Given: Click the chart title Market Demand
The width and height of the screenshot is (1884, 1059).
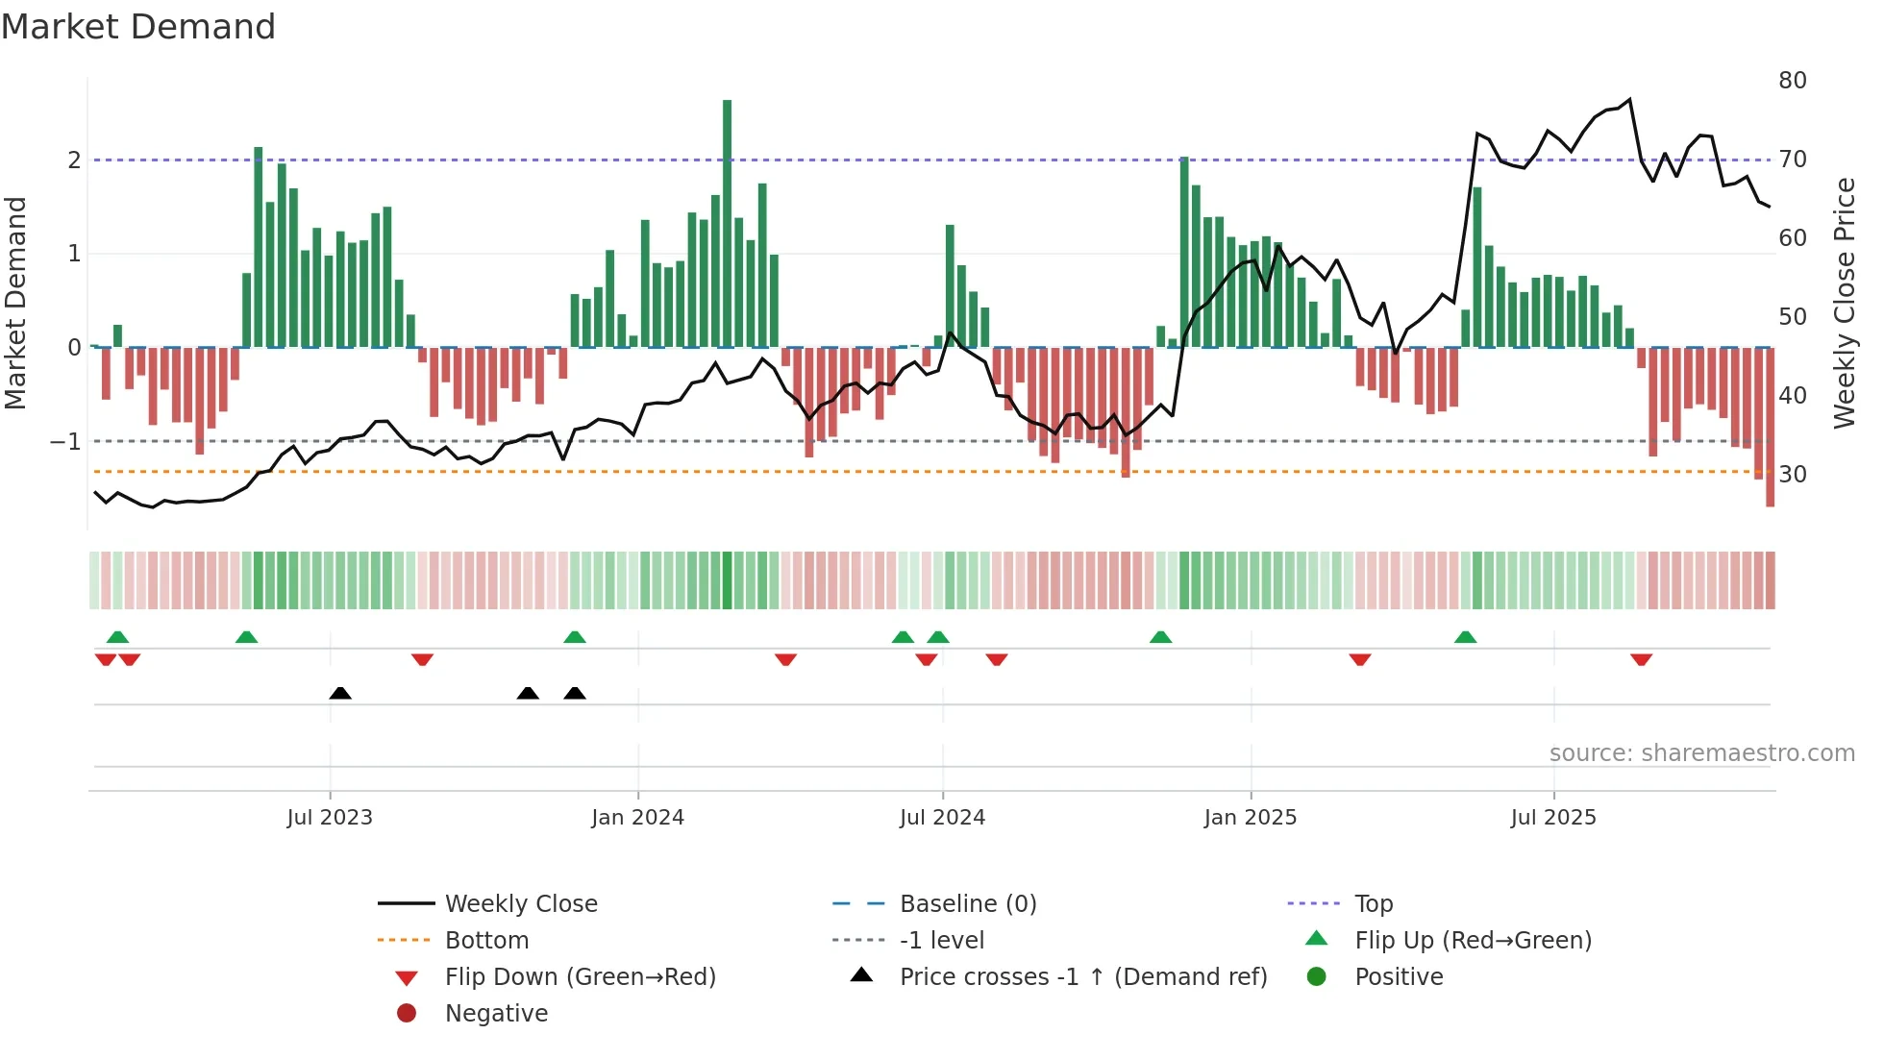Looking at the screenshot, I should (x=138, y=27).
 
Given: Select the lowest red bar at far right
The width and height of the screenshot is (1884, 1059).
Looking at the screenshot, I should (x=1770, y=428).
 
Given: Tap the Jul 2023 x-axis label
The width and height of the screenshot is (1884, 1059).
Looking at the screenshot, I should (x=329, y=818).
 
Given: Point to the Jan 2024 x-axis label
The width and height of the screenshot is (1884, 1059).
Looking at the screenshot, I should (x=637, y=818).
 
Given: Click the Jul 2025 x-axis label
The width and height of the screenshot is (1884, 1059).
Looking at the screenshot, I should (x=1552, y=818).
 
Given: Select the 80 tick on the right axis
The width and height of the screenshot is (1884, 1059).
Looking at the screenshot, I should (x=1792, y=81).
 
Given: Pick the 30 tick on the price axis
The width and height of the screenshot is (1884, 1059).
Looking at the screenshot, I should (x=1792, y=475).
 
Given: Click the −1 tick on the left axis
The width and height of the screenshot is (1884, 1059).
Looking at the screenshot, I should (x=65, y=442).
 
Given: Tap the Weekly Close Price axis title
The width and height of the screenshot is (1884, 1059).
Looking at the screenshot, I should (x=1844, y=303).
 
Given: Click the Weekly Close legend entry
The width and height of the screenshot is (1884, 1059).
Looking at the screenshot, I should (x=520, y=904).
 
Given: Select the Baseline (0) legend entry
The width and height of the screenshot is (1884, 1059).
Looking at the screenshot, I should (x=967, y=904).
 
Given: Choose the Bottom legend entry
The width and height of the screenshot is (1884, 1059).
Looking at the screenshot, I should (x=486, y=941).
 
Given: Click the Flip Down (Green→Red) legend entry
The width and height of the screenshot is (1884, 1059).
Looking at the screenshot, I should (x=580, y=977).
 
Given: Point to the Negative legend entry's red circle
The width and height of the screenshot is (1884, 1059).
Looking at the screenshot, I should (x=407, y=1014).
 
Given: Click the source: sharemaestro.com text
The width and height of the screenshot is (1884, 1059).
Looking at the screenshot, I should (x=1701, y=753).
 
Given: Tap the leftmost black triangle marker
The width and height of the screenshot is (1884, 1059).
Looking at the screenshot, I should (x=340, y=693).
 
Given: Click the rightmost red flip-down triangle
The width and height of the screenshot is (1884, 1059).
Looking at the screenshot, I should (x=1641, y=659).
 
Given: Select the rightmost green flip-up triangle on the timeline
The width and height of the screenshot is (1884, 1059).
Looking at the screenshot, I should (x=1465, y=637).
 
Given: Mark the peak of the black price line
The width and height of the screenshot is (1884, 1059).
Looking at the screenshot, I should (x=1629, y=100).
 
